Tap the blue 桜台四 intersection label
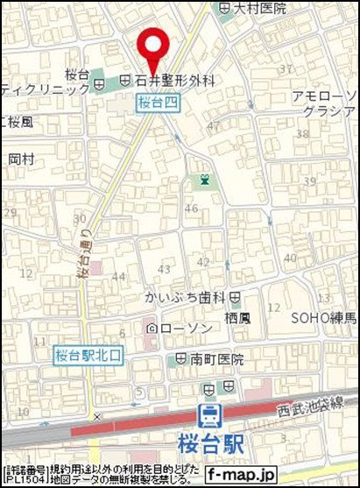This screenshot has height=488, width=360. click(158, 103)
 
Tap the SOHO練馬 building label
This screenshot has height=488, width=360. click(323, 316)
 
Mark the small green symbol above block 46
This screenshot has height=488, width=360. click(205, 180)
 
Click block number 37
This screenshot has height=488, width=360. click(285, 69)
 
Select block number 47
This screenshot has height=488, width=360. click(214, 126)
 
